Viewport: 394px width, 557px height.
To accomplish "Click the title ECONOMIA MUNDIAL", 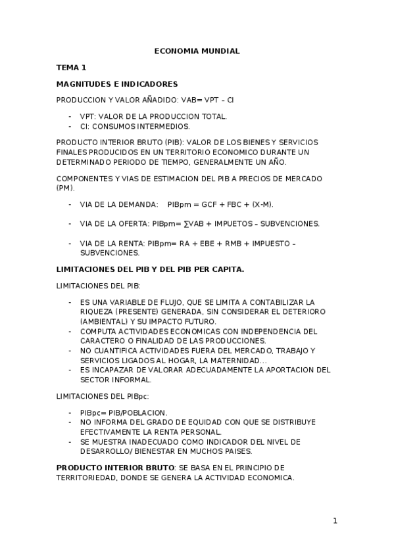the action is [197, 51].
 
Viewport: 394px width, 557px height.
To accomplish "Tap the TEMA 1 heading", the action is [71, 67].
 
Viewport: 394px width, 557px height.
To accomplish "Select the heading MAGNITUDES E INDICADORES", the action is [117, 84].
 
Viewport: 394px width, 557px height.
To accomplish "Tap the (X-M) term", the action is [262, 204].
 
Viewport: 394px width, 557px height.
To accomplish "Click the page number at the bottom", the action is [335, 521].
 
